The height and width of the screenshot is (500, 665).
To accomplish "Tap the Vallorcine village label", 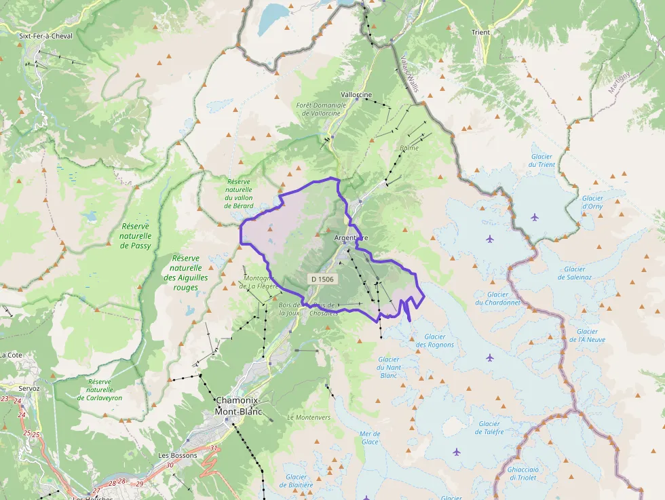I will click(x=356, y=95).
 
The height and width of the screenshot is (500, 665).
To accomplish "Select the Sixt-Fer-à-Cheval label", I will click(x=45, y=36).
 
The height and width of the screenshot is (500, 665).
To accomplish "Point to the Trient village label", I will click(x=480, y=32).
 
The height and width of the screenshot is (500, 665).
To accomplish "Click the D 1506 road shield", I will click(x=322, y=279).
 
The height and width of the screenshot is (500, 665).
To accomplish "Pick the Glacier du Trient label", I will click(x=541, y=160).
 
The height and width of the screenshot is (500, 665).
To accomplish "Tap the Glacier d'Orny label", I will click(x=592, y=202).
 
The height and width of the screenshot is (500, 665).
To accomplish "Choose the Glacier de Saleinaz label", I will click(x=575, y=273).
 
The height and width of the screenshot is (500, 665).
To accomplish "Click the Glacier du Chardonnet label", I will click(x=497, y=299).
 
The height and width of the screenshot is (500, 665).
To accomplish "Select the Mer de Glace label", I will click(x=370, y=438).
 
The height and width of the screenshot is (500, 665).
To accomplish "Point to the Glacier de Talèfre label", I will click(x=489, y=428).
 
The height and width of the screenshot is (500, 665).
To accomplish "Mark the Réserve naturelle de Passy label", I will click(x=135, y=235).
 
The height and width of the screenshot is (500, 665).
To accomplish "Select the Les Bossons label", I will click(x=177, y=455).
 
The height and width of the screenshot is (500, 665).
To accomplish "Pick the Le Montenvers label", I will click(x=309, y=417).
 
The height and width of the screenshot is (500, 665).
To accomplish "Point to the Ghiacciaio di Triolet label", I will click(x=522, y=473).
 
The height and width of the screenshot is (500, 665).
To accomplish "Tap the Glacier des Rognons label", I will click(x=434, y=341).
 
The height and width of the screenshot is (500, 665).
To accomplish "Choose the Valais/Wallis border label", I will click(x=410, y=73).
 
